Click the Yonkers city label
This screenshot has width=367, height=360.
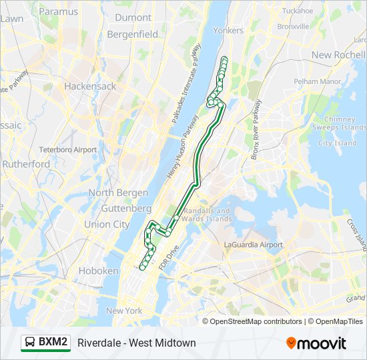(228, 30)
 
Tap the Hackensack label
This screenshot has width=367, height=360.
(90, 86)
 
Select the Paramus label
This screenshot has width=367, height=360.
(59, 11)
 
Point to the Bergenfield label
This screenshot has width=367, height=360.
(134, 33)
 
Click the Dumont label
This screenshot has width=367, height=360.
(133, 18)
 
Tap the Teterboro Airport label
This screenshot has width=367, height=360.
(68, 150)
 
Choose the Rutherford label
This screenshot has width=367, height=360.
(26, 164)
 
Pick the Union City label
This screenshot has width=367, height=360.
(107, 225)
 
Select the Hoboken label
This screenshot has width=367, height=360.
(98, 271)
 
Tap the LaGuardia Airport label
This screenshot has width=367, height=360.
(254, 245)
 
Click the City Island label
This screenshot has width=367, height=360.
(338, 143)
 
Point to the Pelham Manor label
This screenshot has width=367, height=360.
(318, 81)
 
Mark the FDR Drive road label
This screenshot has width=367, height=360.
(169, 257)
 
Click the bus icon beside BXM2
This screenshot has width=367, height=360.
(30, 343)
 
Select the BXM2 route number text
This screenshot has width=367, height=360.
(53, 343)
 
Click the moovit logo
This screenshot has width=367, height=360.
(316, 343)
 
